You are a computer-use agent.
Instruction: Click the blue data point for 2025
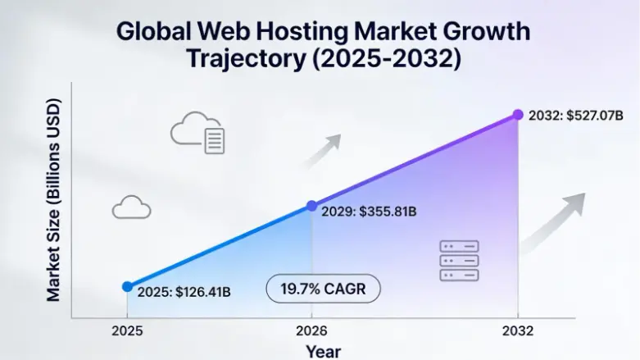pyautogui.click(x=127, y=286)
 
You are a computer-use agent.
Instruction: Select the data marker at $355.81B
pyautogui.click(x=311, y=206)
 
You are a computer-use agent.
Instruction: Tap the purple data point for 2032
pyautogui.click(x=517, y=115)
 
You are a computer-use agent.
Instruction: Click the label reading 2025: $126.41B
pyautogui.click(x=184, y=292)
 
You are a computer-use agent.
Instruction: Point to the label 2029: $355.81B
pyautogui.click(x=370, y=212)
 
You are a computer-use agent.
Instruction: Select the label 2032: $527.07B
pyautogui.click(x=574, y=116)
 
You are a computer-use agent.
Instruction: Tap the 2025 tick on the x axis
pyautogui.click(x=127, y=331)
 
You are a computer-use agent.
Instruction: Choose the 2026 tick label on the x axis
pyautogui.click(x=311, y=331)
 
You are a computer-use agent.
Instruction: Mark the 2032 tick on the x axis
pyautogui.click(x=517, y=331)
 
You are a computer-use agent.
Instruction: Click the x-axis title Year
pyautogui.click(x=323, y=351)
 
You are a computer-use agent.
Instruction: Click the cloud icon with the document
pyautogui.click(x=197, y=134)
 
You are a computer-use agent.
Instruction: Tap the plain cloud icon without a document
pyautogui.click(x=131, y=207)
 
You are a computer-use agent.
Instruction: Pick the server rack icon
pyautogui.click(x=459, y=261)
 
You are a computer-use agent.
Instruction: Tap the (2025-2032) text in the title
pyautogui.click(x=393, y=60)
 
